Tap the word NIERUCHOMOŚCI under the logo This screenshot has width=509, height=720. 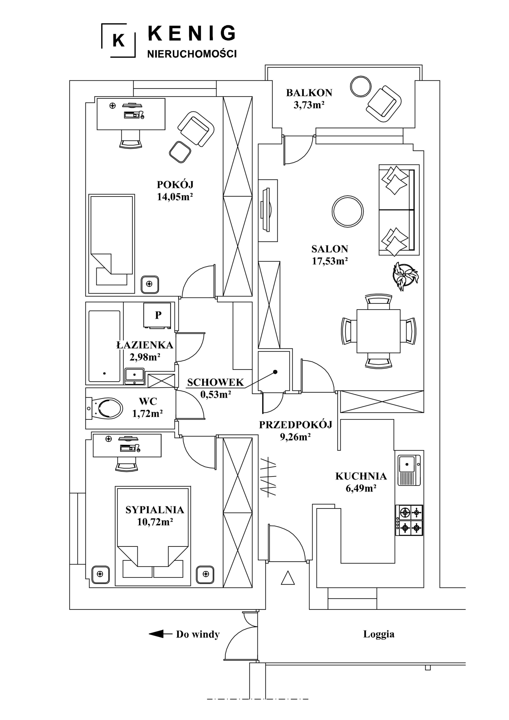point(192,54)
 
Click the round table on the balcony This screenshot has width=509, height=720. point(361,87)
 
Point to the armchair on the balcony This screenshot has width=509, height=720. point(384,104)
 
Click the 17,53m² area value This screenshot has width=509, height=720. point(330,261)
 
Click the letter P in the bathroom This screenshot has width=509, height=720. point(158,315)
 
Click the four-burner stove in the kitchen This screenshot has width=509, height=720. point(409,520)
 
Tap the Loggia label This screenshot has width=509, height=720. point(379,634)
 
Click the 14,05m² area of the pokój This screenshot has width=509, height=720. point(175,197)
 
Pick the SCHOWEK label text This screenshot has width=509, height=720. point(215,382)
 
